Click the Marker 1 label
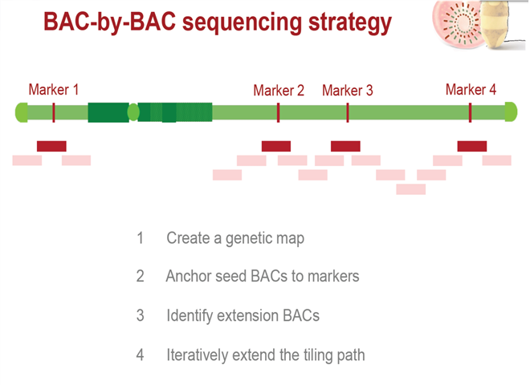54,90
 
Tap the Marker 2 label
279,91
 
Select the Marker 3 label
348,91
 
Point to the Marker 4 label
471,90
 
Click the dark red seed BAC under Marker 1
51,146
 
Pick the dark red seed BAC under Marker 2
276,146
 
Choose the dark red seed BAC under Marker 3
345,146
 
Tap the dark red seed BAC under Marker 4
471,146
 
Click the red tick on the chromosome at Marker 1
54,112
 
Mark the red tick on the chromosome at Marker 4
471,112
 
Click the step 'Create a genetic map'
235,238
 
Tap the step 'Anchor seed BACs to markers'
263,277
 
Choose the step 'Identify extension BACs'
243,315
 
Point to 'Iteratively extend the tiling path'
266,354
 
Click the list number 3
140,315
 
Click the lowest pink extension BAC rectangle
411,189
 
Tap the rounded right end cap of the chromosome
510,112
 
